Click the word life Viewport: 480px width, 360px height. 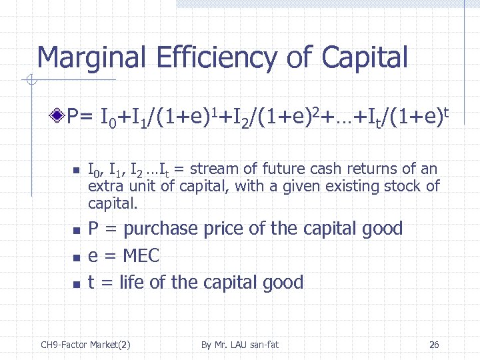point(132,283)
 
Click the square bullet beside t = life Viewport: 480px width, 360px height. point(76,284)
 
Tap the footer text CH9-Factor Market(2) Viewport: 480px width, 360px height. point(85,345)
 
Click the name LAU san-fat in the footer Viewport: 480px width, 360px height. point(251,345)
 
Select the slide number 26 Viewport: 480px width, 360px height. point(434,345)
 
